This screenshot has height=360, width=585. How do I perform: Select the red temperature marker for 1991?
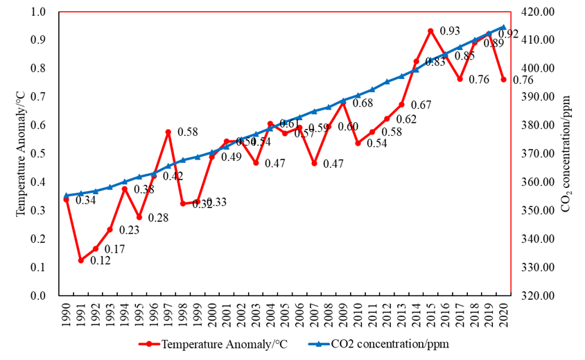[x=81, y=261]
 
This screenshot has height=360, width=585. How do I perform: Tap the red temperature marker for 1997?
[x=168, y=132]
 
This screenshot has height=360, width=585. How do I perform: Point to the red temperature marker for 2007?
[x=314, y=164]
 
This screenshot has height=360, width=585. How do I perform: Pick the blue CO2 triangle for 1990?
[x=67, y=196]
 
